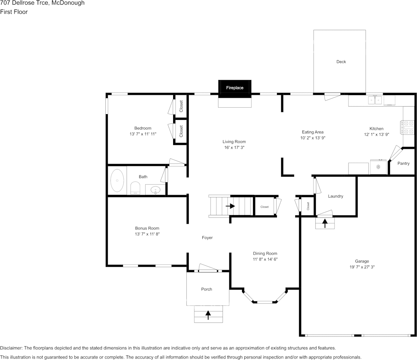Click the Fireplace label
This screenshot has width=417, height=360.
tap(235, 88)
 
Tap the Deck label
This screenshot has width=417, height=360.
tap(341, 62)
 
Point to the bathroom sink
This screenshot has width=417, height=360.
tap(156, 190)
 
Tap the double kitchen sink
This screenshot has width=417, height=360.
tap(375, 100)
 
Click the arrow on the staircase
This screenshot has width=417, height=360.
tap(230, 206)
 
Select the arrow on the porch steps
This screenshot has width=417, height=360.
tap(208, 314)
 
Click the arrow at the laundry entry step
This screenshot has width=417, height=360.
tap(325, 223)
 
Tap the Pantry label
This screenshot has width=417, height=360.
tap(403, 163)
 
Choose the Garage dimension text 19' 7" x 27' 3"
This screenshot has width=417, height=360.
tap(362, 267)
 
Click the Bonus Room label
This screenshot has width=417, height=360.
tap(147, 228)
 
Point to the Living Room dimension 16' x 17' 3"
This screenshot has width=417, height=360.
tap(234, 147)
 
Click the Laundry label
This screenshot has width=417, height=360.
tap(335, 196)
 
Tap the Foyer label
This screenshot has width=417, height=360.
tap(207, 238)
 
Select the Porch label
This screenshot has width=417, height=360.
tap(207, 289)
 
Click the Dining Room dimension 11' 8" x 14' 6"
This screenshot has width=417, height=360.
tap(265, 259)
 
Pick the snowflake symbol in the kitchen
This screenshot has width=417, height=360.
tap(379, 167)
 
